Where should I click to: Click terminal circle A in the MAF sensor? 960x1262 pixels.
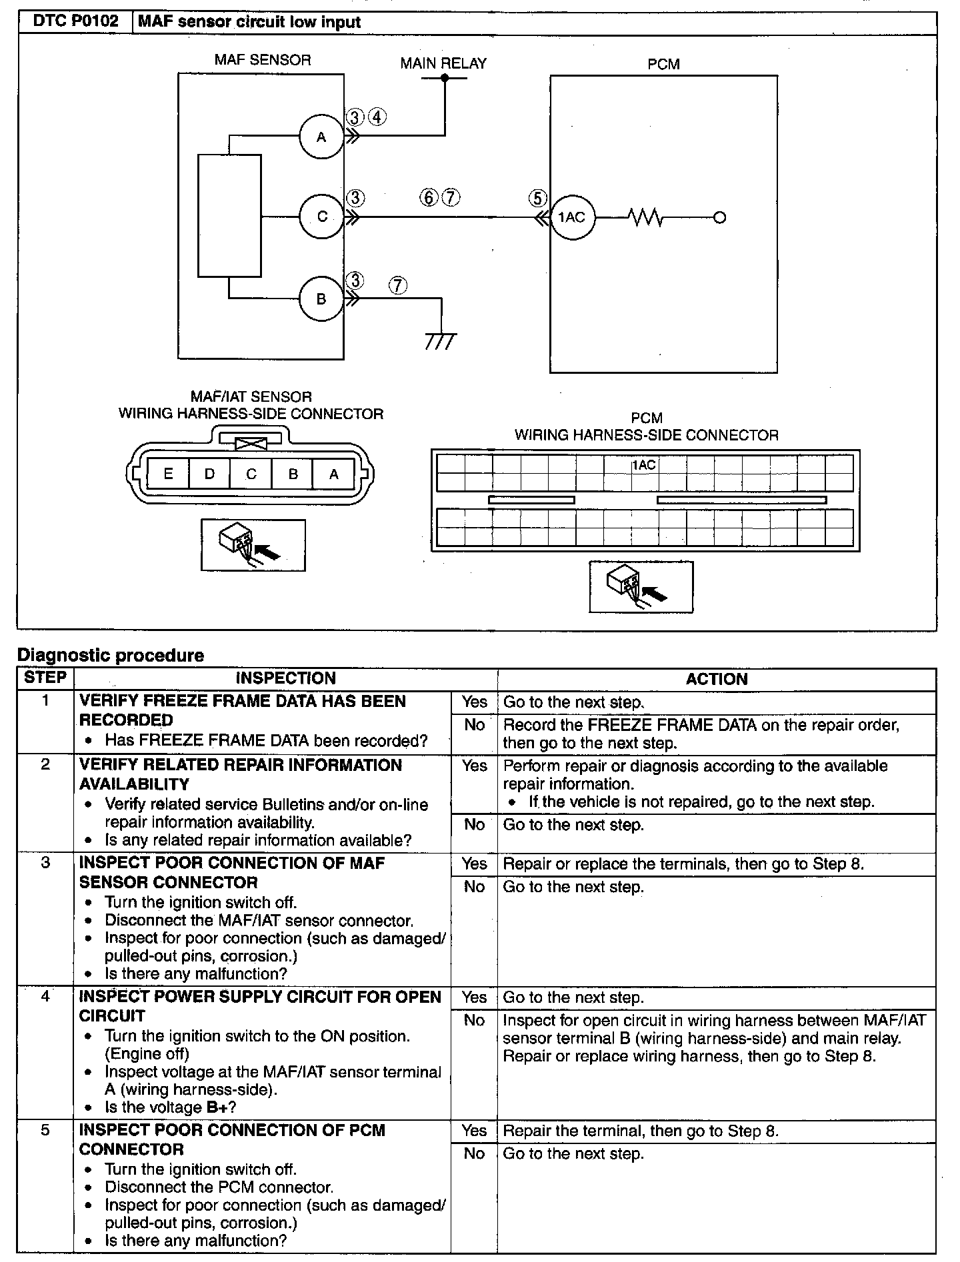coord(321,137)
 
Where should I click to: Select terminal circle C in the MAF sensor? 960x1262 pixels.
coord(321,217)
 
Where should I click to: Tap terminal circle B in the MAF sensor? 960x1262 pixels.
coord(321,299)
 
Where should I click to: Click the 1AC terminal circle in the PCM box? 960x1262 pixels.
coord(572,217)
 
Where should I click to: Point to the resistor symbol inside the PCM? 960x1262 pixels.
coord(645,217)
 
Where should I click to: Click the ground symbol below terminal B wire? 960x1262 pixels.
coord(441,342)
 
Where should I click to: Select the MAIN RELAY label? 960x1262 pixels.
coord(443,63)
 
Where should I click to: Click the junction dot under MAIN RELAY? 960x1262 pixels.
coord(445,78)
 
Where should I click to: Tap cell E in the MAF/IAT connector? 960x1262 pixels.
coord(168,474)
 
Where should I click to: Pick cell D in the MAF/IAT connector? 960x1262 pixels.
coord(209,474)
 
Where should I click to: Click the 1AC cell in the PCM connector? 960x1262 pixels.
coord(644,465)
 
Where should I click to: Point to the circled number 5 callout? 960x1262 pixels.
coord(537,199)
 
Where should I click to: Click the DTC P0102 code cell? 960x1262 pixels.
coord(75,22)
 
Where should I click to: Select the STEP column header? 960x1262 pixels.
coord(45,678)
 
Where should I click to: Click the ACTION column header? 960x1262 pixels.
coord(717,679)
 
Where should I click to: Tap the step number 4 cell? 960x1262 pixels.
coord(45,997)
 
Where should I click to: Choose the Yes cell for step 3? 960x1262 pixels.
coord(474,864)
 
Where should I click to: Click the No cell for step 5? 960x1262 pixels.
coord(474,1153)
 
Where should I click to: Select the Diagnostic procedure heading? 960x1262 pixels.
coord(111,656)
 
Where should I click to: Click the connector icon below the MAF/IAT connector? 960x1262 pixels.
coord(253,545)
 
